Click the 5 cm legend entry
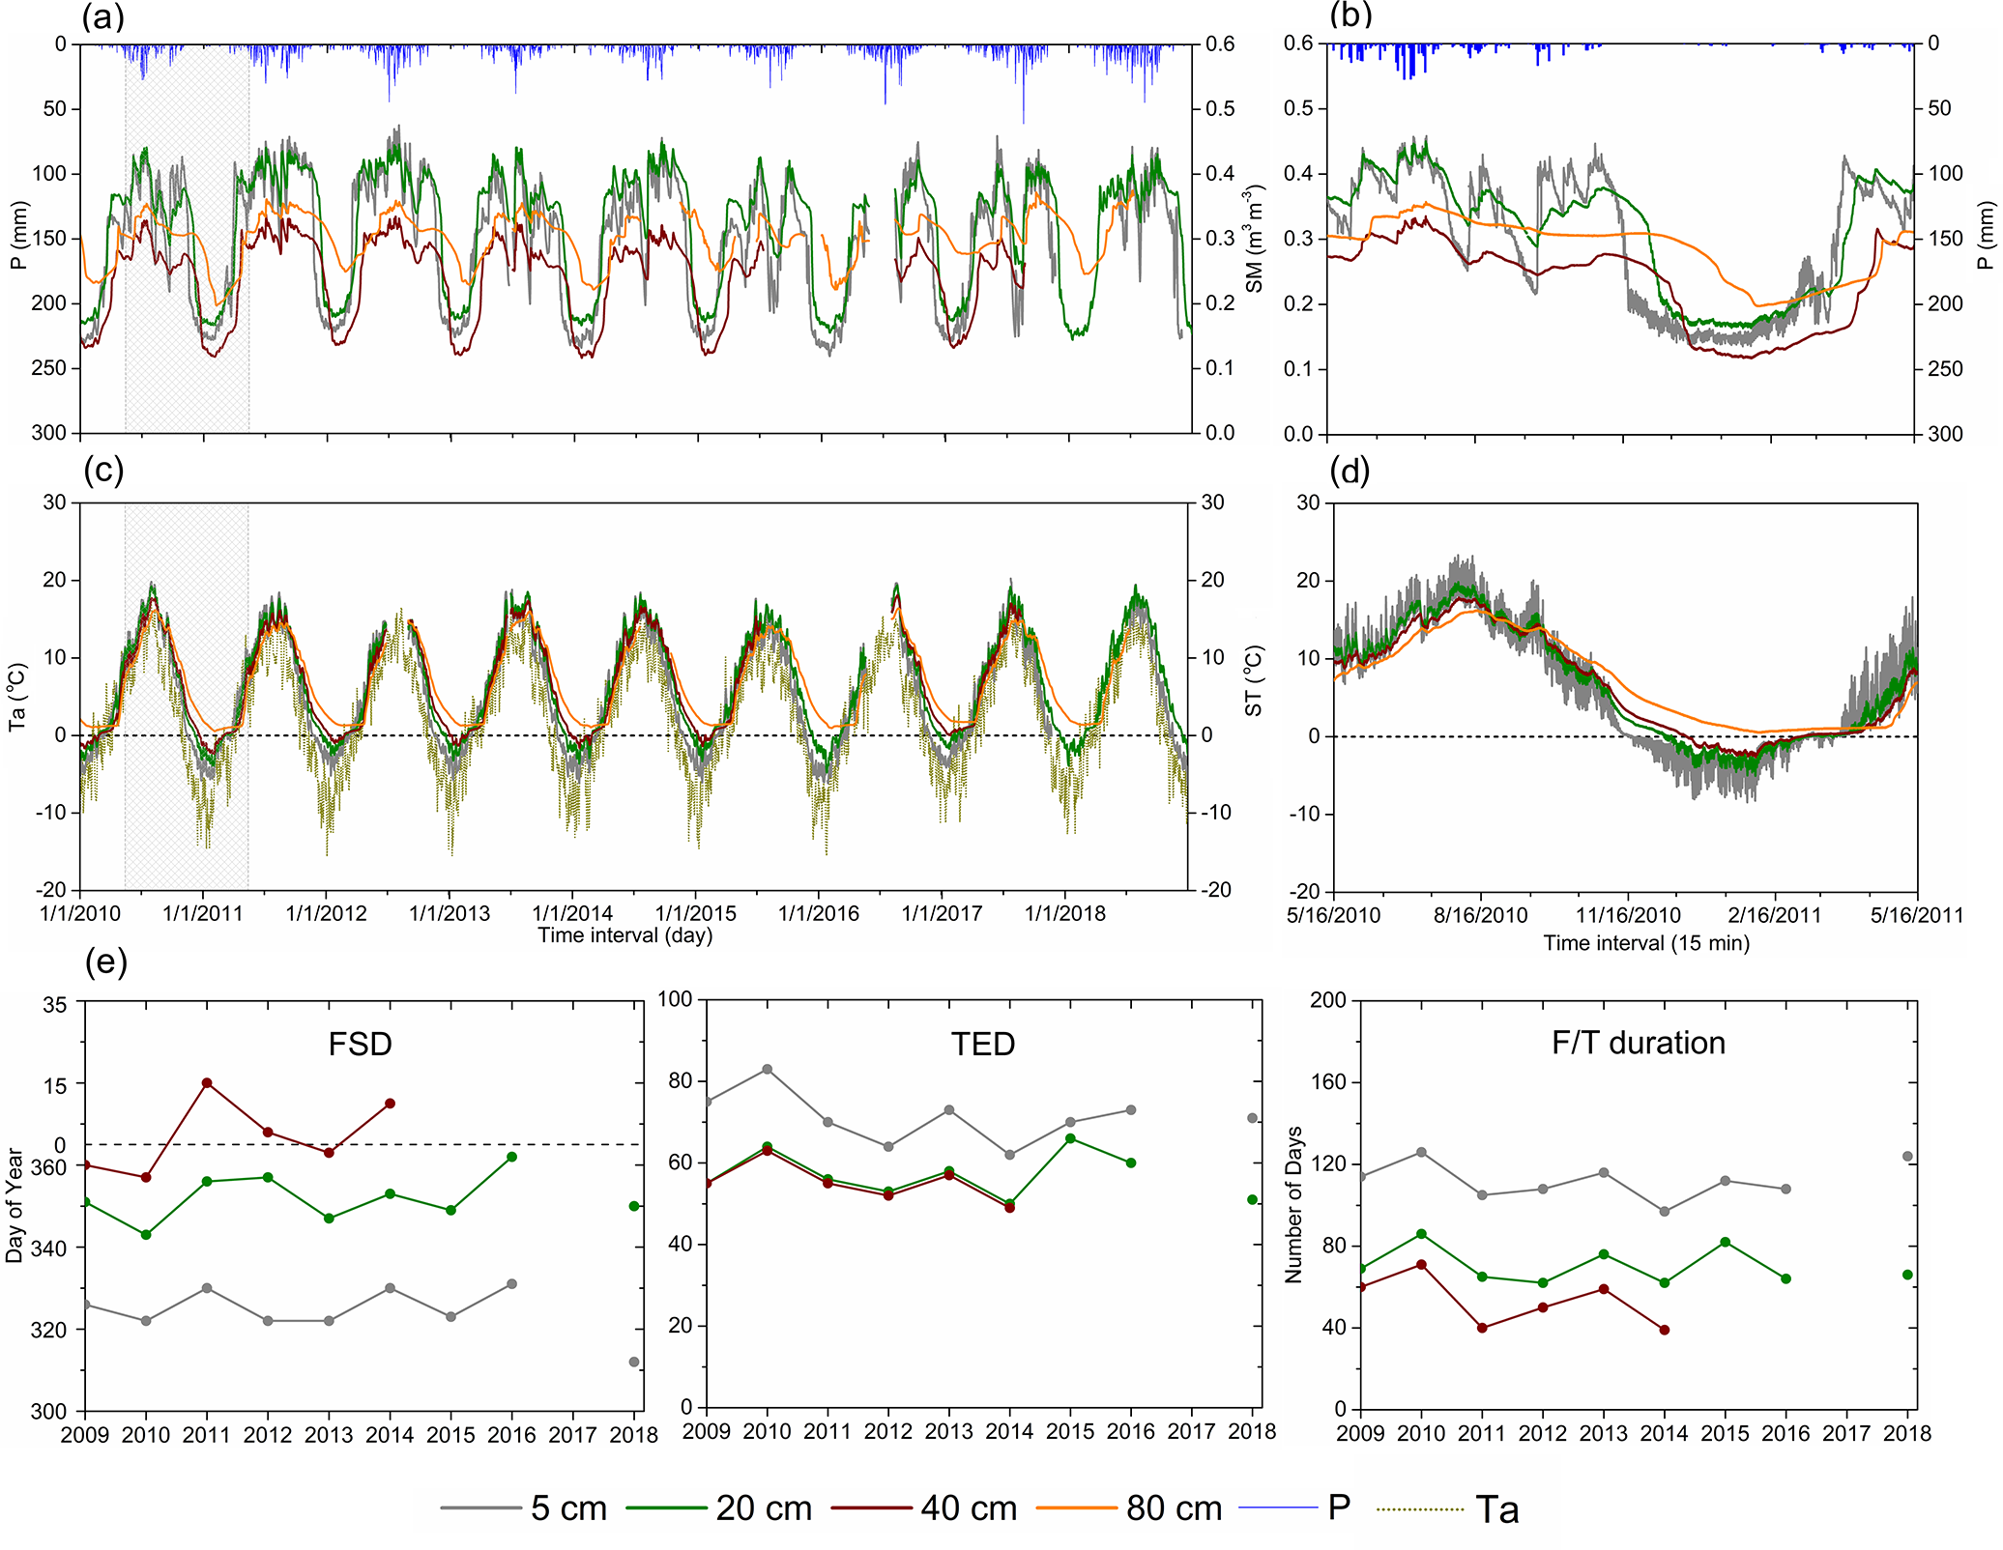[x=567, y=1508]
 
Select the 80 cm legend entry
[x=1173, y=1508]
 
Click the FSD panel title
[x=360, y=1045]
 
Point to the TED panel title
[x=982, y=1045]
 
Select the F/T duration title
[x=1638, y=1043]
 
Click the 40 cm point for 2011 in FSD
[x=207, y=1083]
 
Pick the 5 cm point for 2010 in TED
[x=768, y=1069]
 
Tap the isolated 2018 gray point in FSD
[x=634, y=1363]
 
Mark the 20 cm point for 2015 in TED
[x=1070, y=1138]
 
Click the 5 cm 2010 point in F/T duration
[x=1421, y=1152]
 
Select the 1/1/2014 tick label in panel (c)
[x=572, y=913]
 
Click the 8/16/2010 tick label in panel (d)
[x=1481, y=915]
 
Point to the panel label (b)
[x=1350, y=16]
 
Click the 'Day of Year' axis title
[x=15, y=1205]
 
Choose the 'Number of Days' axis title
[x=1293, y=1205]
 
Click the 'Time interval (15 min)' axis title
[x=1646, y=943]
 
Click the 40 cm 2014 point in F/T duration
[x=1664, y=1330]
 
